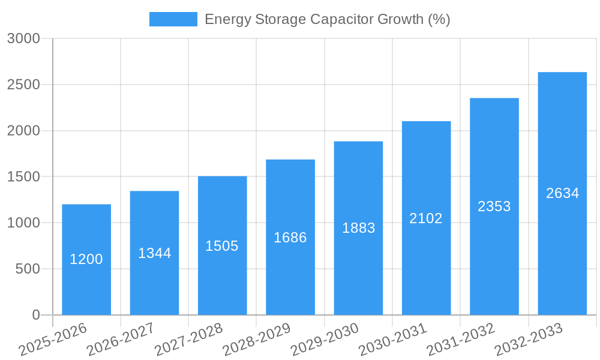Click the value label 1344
(154, 253)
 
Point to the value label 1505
(222, 246)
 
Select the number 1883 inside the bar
(358, 228)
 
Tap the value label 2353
(494, 206)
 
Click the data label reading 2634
(562, 193)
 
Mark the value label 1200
(86, 259)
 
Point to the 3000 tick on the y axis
(23, 38)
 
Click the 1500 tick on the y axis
(23, 177)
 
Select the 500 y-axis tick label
(28, 269)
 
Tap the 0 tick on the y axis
(36, 315)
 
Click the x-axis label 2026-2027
(121, 340)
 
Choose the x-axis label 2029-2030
(325, 340)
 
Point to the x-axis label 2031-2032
(460, 340)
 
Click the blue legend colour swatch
(173, 19)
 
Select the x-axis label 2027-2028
(188, 340)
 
